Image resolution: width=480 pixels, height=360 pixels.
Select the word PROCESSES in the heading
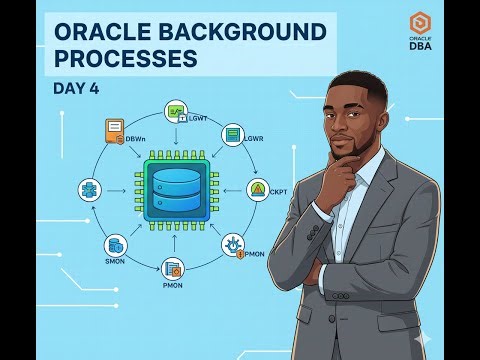pos(121,59)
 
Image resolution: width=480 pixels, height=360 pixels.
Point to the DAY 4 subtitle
pos(75,88)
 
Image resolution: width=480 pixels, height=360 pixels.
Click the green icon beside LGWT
pos(177,112)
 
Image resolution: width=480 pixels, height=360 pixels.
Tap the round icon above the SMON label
pos(116,244)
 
